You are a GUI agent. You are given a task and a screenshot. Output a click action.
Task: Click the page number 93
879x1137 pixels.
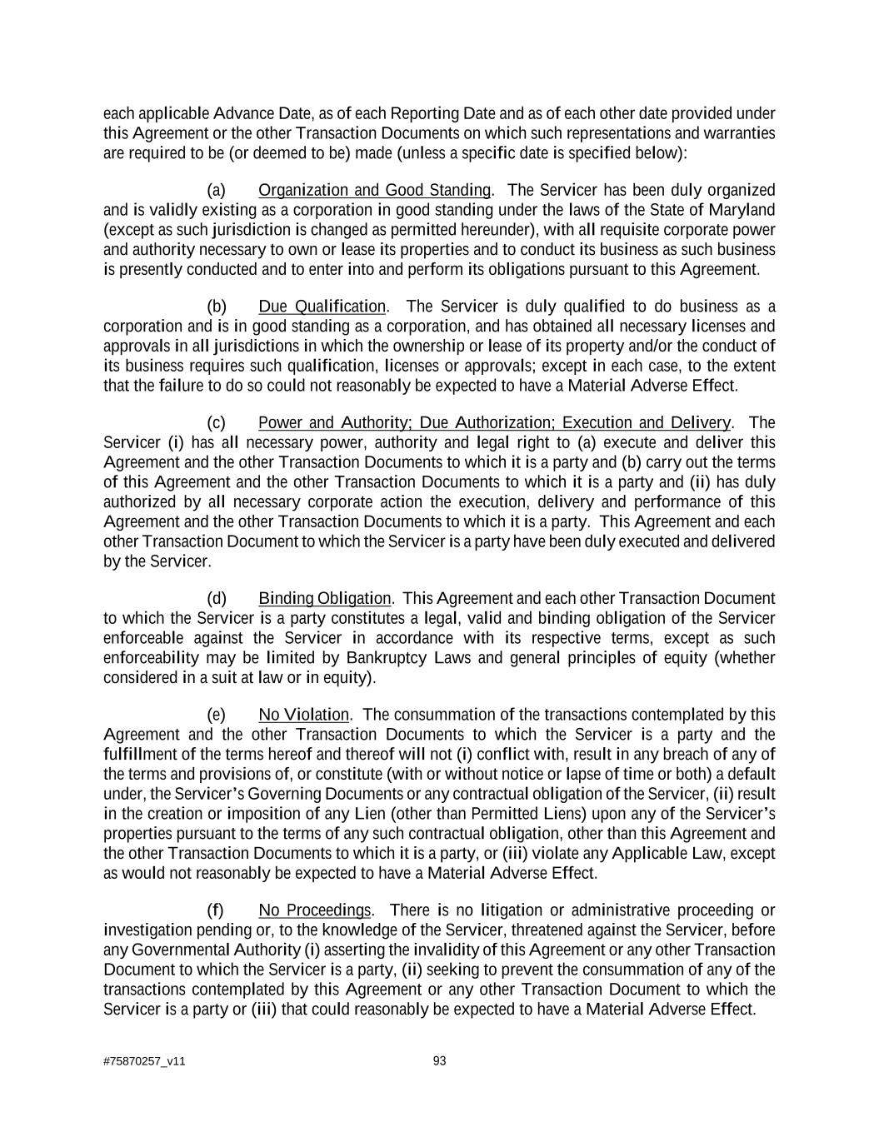tap(440, 1060)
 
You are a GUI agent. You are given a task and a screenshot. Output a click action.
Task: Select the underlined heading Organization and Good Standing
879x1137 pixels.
tap(374, 190)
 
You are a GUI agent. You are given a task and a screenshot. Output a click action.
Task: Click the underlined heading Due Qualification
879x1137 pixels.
tap(322, 307)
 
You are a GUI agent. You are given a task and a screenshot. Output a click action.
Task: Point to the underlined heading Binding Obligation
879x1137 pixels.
tap(324, 598)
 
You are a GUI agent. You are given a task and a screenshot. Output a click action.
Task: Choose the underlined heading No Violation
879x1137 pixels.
tap(303, 715)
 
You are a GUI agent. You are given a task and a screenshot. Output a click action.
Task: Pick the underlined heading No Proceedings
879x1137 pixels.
tap(314, 910)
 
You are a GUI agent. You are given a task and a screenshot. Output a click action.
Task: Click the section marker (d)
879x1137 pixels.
tap(217, 598)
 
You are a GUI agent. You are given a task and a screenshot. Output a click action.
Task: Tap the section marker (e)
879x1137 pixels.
tap(217, 715)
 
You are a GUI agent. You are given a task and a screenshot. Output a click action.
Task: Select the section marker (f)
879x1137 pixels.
tap(216, 910)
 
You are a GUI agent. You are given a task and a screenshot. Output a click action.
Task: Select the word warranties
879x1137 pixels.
tap(742, 133)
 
